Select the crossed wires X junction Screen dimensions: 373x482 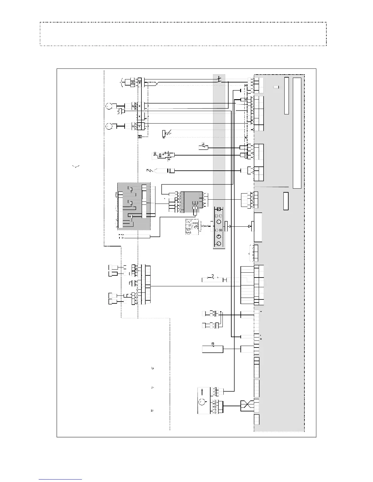[247, 405]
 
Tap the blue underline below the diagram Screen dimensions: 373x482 [60, 479]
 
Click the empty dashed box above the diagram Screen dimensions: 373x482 [183, 34]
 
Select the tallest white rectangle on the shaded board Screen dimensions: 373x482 [297, 133]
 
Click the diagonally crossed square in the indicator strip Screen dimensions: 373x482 [218, 209]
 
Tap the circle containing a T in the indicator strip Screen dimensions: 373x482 [218, 236]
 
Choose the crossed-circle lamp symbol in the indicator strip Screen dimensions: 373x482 [220, 231]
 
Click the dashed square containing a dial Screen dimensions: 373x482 [192, 227]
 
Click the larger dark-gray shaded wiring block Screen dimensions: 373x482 [134, 206]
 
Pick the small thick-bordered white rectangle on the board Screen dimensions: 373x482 [286, 201]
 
